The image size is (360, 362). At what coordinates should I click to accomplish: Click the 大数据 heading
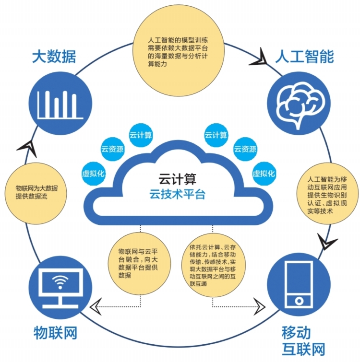point(54,57)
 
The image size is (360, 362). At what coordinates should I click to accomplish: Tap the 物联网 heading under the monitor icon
point(56,332)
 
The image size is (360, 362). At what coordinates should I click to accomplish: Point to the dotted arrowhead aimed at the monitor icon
point(98,304)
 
